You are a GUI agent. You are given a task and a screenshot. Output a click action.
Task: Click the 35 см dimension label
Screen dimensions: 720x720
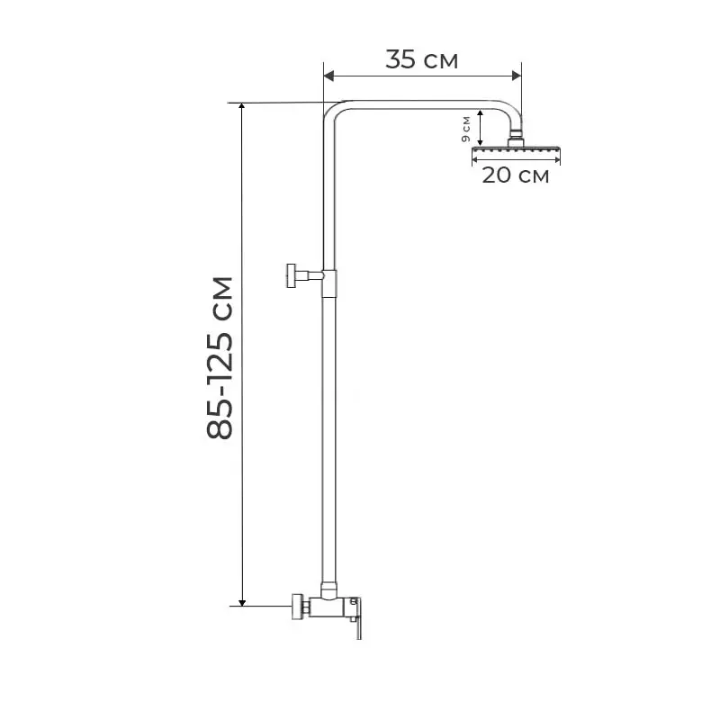click(421, 59)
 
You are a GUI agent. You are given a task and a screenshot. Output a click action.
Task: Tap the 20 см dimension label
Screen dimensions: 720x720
click(515, 175)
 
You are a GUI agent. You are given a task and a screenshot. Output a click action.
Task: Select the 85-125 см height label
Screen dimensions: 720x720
click(220, 358)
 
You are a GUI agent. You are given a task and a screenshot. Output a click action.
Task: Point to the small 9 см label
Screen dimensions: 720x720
click(465, 129)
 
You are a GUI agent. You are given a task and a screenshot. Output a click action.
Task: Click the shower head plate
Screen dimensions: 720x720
click(516, 149)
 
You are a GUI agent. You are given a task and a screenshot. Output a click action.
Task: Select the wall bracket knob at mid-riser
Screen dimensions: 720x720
click(292, 276)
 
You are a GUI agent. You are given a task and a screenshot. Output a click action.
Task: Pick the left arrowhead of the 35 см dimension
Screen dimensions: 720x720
click(328, 76)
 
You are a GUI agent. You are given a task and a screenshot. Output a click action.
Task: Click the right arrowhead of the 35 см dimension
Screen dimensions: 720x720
click(517, 76)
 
